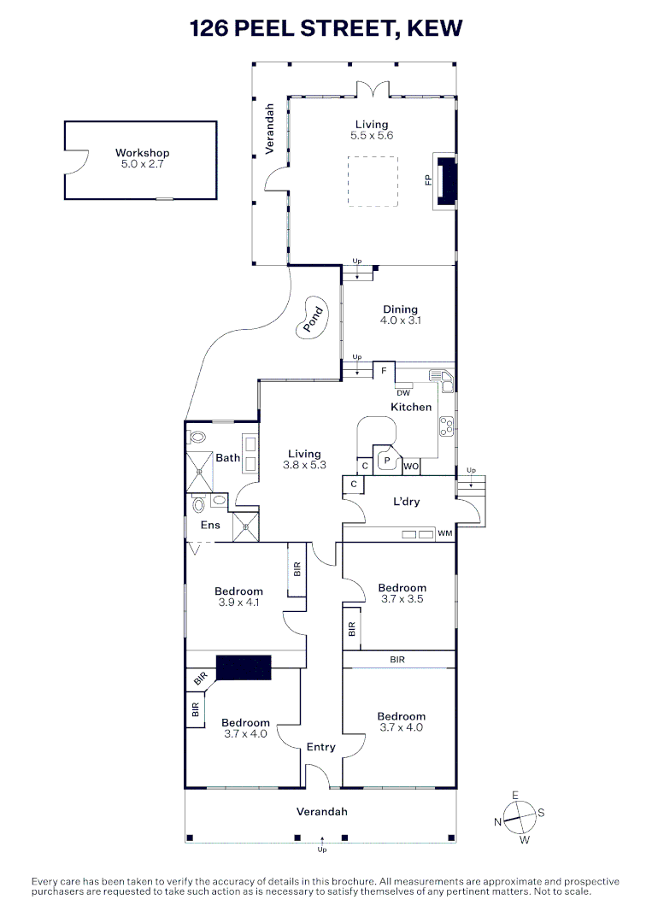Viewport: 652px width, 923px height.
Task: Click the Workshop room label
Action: (142, 153)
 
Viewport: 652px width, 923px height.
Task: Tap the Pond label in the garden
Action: (313, 319)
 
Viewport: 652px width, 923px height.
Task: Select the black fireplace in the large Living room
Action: (449, 180)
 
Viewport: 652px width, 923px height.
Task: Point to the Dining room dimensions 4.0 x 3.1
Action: (400, 320)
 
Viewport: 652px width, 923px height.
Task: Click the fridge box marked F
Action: (384, 371)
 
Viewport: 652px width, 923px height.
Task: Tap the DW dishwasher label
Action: (403, 392)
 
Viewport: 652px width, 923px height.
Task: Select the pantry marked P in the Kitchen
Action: (386, 461)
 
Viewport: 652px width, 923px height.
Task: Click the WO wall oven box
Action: (411, 467)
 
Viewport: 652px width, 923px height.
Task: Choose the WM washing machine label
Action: (445, 533)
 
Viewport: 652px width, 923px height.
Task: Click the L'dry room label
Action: (406, 502)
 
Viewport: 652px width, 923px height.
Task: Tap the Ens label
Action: (210, 525)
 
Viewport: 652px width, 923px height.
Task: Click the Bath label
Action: (227, 457)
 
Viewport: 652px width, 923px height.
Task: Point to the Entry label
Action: (320, 747)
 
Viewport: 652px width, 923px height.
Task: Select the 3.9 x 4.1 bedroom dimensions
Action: (238, 603)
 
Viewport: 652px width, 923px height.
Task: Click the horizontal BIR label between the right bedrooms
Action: (397, 660)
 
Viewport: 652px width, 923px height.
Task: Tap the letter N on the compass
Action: (497, 822)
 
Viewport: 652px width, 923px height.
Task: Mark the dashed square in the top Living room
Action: (373, 181)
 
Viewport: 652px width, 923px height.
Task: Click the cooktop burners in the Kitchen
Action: (447, 426)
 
